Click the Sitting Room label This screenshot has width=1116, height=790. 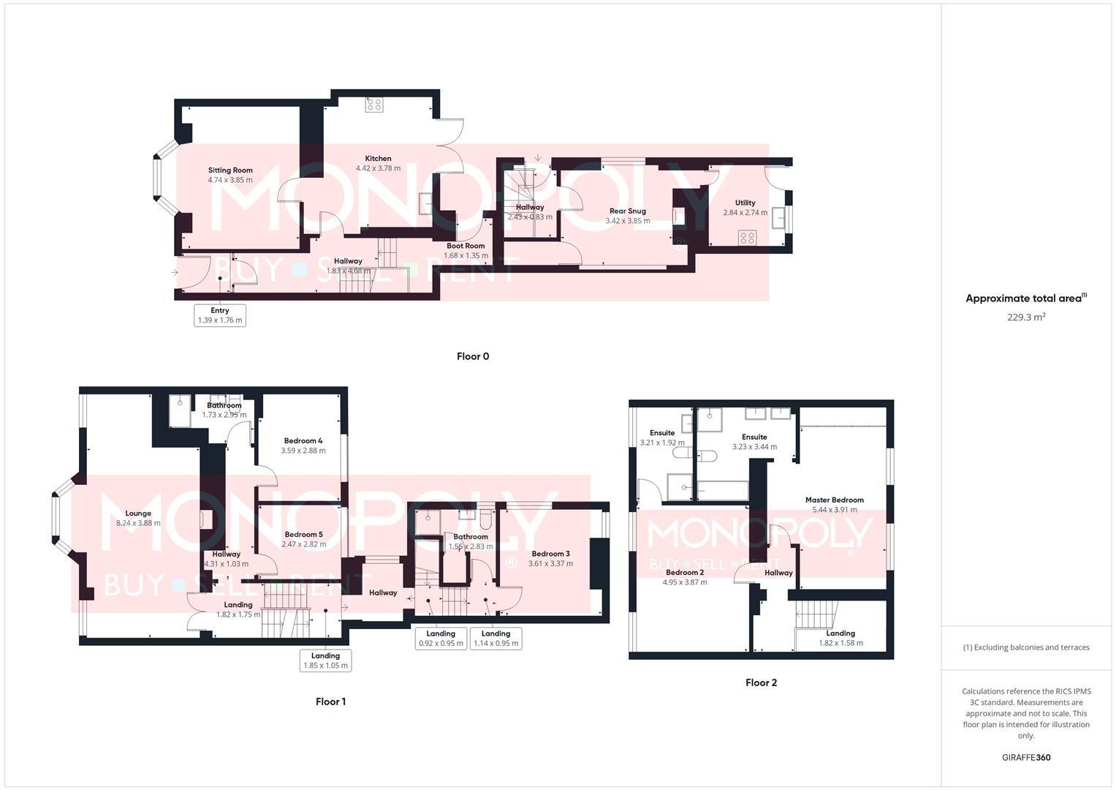tap(230, 170)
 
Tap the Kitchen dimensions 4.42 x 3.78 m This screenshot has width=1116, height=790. tap(378, 168)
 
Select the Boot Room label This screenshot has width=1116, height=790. tap(466, 246)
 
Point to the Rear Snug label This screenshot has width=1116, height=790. tap(627, 211)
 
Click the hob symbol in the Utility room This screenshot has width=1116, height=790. tap(747, 237)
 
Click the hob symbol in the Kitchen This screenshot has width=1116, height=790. tap(374, 104)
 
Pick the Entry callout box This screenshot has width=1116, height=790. tap(220, 315)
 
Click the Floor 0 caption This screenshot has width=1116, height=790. tap(472, 356)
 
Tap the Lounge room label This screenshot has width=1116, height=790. tap(138, 513)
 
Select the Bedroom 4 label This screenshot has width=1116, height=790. tap(303, 440)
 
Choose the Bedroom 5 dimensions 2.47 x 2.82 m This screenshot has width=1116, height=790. tap(304, 544)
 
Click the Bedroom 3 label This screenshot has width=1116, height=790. tap(550, 554)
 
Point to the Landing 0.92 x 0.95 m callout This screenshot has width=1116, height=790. tap(441, 639)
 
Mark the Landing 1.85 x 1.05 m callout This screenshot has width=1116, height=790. tap(325, 661)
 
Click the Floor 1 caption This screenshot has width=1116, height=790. tap(330, 701)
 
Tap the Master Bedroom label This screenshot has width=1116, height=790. tap(834, 500)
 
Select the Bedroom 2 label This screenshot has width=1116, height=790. tap(685, 572)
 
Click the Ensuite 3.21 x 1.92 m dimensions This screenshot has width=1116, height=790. tap(662, 443)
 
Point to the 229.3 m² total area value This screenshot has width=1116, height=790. tap(1026, 317)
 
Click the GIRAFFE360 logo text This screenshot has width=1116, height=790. tap(1025, 758)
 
